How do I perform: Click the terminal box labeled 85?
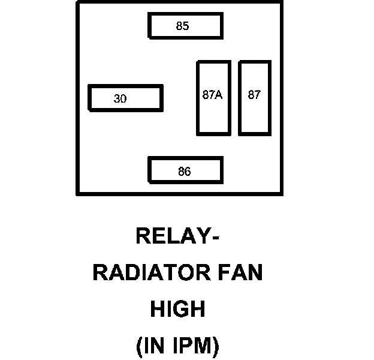(x=185, y=26)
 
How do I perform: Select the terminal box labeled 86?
(x=185, y=171)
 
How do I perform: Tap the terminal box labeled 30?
(x=125, y=98)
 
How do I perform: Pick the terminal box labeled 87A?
(x=213, y=98)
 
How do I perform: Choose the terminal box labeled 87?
(x=255, y=98)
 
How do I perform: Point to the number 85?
(x=182, y=26)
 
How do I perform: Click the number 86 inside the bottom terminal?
(x=184, y=172)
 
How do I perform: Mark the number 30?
(x=120, y=99)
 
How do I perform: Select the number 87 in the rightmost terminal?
(x=254, y=95)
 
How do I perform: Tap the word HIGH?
(x=177, y=310)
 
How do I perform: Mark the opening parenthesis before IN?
(x=139, y=347)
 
